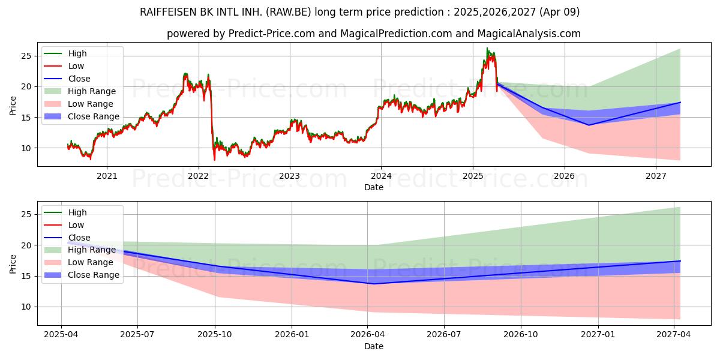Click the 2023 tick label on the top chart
point(290,176)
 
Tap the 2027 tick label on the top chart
point(656,176)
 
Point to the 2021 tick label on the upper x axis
point(107,176)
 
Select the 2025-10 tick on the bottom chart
point(215,335)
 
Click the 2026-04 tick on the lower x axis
point(368,335)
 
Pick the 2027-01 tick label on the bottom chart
point(598,335)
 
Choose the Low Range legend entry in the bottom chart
point(91,262)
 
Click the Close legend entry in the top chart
point(79,79)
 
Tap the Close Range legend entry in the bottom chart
point(94,275)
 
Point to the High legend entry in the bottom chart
point(77,212)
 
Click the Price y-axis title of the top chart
point(13,105)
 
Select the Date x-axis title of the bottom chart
point(373,346)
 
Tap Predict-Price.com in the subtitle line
point(271,34)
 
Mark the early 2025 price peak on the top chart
point(487,49)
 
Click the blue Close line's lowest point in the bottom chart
point(373,284)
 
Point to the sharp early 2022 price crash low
point(215,160)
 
